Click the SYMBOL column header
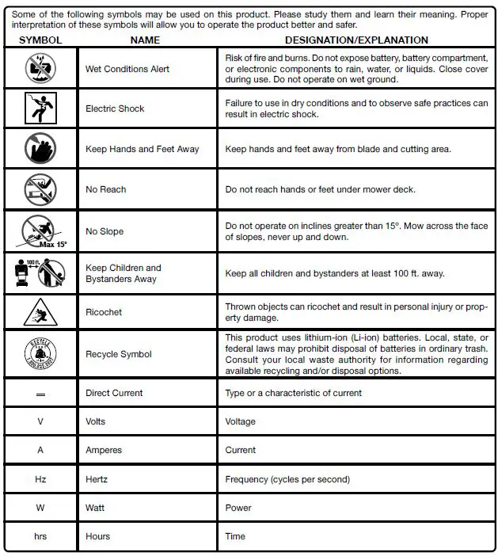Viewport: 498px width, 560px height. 40,40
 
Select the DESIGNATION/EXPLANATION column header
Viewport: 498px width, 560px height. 356,40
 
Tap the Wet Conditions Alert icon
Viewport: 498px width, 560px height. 40,69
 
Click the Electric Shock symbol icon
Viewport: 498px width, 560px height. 40,109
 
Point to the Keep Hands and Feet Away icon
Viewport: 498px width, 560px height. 40,149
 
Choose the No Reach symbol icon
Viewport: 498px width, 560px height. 40,189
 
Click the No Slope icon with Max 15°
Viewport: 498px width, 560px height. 40,231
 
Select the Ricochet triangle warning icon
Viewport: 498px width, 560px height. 40,312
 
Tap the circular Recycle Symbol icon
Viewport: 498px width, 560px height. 40,354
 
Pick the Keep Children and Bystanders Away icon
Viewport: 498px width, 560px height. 40,272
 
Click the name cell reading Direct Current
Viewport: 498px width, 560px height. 114,393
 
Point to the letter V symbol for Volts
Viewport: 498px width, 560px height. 40,421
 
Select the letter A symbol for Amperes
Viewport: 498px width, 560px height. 40,450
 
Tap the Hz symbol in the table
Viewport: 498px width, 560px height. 40,479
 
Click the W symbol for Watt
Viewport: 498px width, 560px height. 40,508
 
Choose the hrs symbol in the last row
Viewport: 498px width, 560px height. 40,536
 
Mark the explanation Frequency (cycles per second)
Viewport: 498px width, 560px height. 287,479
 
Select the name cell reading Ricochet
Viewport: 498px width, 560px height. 104,312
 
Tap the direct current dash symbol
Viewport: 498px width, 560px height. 40,394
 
